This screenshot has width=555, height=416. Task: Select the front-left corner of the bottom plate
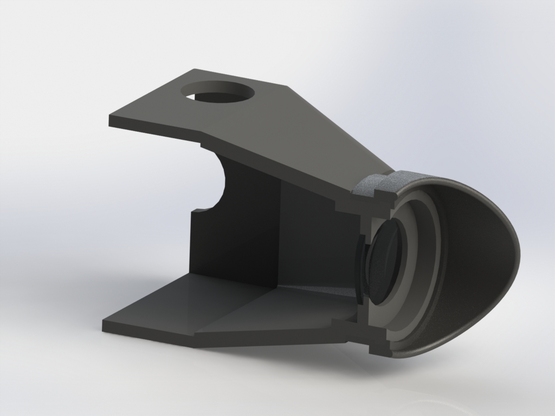pos(104,324)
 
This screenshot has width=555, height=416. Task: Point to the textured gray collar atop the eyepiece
pos(379,184)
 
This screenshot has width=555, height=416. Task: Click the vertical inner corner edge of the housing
pos(280,233)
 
